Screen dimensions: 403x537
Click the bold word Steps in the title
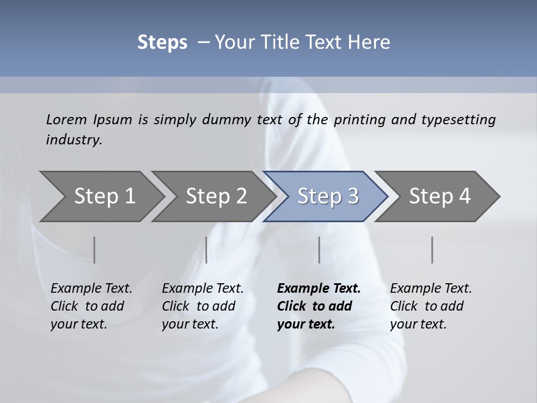[x=162, y=42]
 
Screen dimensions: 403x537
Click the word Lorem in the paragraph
[x=66, y=119]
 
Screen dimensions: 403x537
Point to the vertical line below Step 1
[x=95, y=250]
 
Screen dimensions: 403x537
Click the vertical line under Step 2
[x=206, y=250]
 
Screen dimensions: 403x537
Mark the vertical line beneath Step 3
[x=319, y=250]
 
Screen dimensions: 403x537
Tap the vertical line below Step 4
[x=432, y=250]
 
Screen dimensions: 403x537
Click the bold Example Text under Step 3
[x=319, y=288]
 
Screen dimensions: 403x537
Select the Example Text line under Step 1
[x=91, y=288]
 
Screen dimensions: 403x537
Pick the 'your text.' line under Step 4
[x=418, y=324]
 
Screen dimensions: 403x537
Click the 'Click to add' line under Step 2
[x=199, y=306]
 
